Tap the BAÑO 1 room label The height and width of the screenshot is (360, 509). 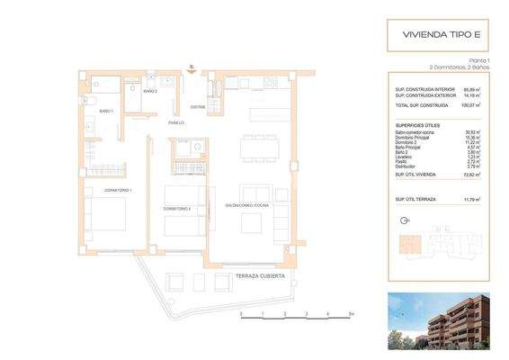click(106, 111)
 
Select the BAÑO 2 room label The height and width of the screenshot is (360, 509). click(150, 92)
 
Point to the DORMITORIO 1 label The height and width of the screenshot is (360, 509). click(118, 191)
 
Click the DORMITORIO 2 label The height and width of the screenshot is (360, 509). click(176, 209)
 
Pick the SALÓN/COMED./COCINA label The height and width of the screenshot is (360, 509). click(248, 206)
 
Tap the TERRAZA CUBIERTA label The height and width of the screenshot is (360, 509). click(260, 277)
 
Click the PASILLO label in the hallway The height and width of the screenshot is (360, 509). click(176, 122)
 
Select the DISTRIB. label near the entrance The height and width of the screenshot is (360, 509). click(198, 107)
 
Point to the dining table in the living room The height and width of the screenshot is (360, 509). click(258, 148)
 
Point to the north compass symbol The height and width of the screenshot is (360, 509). click(402, 219)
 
